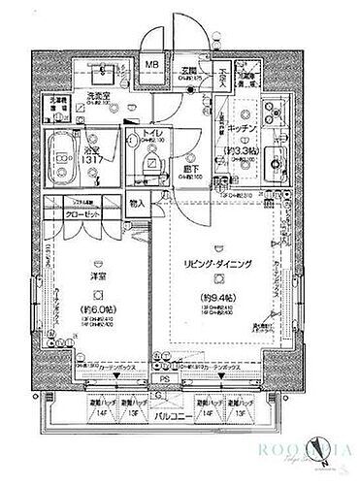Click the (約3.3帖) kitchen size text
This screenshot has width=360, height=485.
click(241, 153)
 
